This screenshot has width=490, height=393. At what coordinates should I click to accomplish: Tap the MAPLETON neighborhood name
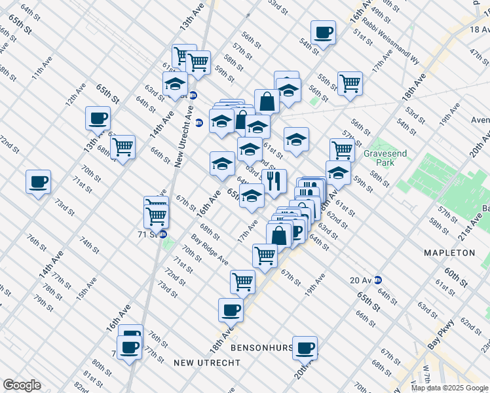[x=449, y=253]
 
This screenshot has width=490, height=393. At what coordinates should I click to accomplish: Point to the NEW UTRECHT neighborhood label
[x=203, y=362]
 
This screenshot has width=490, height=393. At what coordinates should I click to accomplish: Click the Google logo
[x=22, y=385]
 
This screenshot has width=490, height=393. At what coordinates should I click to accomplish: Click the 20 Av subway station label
[x=361, y=280]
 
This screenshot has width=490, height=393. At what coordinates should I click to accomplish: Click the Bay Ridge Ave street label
[x=210, y=250]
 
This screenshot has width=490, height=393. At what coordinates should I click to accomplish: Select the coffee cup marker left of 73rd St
[x=38, y=181]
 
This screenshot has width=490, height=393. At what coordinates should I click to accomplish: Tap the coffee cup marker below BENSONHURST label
[x=305, y=348]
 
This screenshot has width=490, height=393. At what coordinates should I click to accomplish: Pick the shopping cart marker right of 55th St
[x=350, y=83]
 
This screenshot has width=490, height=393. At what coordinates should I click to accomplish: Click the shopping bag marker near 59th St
[x=267, y=102]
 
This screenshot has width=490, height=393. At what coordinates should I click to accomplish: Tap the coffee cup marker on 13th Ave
[x=98, y=119]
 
